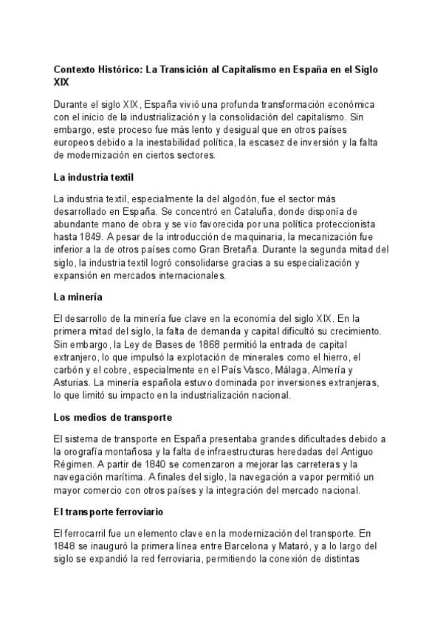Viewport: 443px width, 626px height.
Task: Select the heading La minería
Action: [79, 297]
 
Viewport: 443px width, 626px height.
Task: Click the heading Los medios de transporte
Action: [112, 416]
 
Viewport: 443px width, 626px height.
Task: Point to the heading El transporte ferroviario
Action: [109, 511]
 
